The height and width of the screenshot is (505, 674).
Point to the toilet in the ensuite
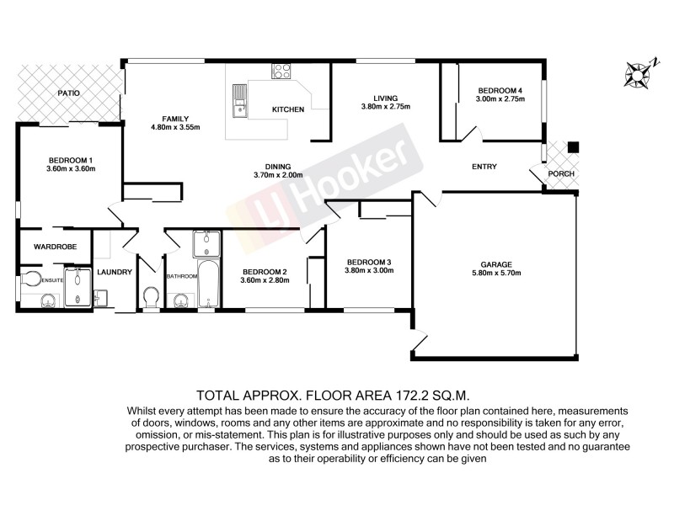(x=31, y=277)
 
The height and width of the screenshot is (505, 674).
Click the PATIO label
(x=69, y=93)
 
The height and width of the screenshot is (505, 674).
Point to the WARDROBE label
(x=55, y=247)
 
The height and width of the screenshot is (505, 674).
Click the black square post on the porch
(x=573, y=147)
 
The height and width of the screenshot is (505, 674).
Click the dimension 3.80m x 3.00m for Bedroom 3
(x=369, y=270)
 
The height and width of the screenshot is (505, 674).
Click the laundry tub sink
(x=99, y=295)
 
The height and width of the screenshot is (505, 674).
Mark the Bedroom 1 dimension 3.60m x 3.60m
(x=72, y=168)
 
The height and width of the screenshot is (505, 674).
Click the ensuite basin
(x=46, y=299)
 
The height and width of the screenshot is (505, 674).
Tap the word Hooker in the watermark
(x=362, y=168)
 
